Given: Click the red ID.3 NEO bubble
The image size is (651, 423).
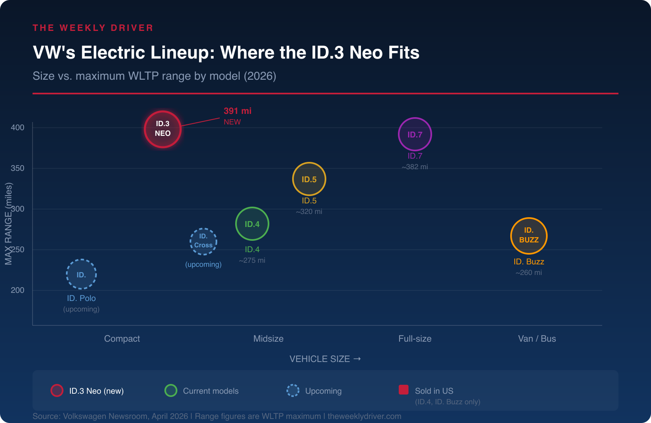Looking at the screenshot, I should tap(163, 129).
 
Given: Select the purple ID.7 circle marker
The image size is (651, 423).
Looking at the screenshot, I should tap(415, 134).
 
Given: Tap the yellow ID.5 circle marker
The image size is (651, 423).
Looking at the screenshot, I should tap(309, 179).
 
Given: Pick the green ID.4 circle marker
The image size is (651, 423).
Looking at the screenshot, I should tap(252, 224).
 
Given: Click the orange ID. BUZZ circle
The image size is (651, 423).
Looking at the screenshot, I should tap(529, 235).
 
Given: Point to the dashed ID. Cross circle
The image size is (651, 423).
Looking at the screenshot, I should tap(203, 241).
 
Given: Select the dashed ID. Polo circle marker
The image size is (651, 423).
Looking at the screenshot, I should tap(81, 274).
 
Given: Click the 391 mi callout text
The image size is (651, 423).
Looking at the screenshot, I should tap(238, 111).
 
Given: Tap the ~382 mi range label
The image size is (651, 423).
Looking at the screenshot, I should tap(415, 167).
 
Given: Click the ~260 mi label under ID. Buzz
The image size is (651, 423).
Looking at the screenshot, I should tap(529, 273).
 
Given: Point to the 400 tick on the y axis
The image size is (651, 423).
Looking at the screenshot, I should tap(17, 127).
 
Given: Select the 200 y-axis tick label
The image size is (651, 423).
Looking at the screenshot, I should tap(17, 290).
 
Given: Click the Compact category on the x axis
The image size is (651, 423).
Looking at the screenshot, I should tap(122, 338).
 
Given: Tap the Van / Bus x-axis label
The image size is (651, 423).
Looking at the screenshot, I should tap(537, 338).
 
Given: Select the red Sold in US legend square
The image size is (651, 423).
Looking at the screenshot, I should tap(404, 390).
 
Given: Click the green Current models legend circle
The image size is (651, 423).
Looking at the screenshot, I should tap(171, 390).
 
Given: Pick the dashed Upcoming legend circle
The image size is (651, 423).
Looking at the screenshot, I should tap(293, 390).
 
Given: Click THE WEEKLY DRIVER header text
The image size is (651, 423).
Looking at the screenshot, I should tap(93, 28).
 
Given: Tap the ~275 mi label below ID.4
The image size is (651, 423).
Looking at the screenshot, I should tap(252, 260).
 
